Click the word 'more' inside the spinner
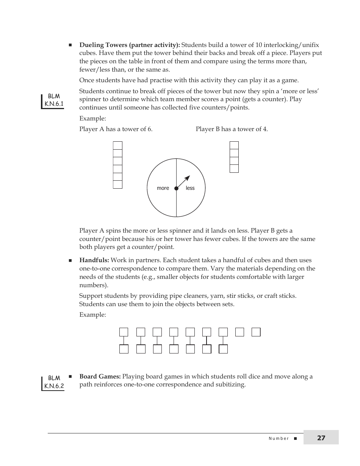click(x=163, y=188)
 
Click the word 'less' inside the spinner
click(x=190, y=188)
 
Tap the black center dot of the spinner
click(x=176, y=188)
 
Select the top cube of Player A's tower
click(x=117, y=145)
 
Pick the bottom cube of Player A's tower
click(x=117, y=185)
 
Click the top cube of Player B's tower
click(x=234, y=145)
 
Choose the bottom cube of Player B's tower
click(x=234, y=169)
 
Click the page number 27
click(x=321, y=438)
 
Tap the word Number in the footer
click(x=279, y=438)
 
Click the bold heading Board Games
click(x=100, y=377)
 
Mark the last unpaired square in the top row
click(x=256, y=332)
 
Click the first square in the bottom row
click(x=124, y=349)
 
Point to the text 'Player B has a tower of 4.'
click(x=232, y=129)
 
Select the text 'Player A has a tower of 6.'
click(x=116, y=129)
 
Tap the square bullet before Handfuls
click(x=70, y=261)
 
